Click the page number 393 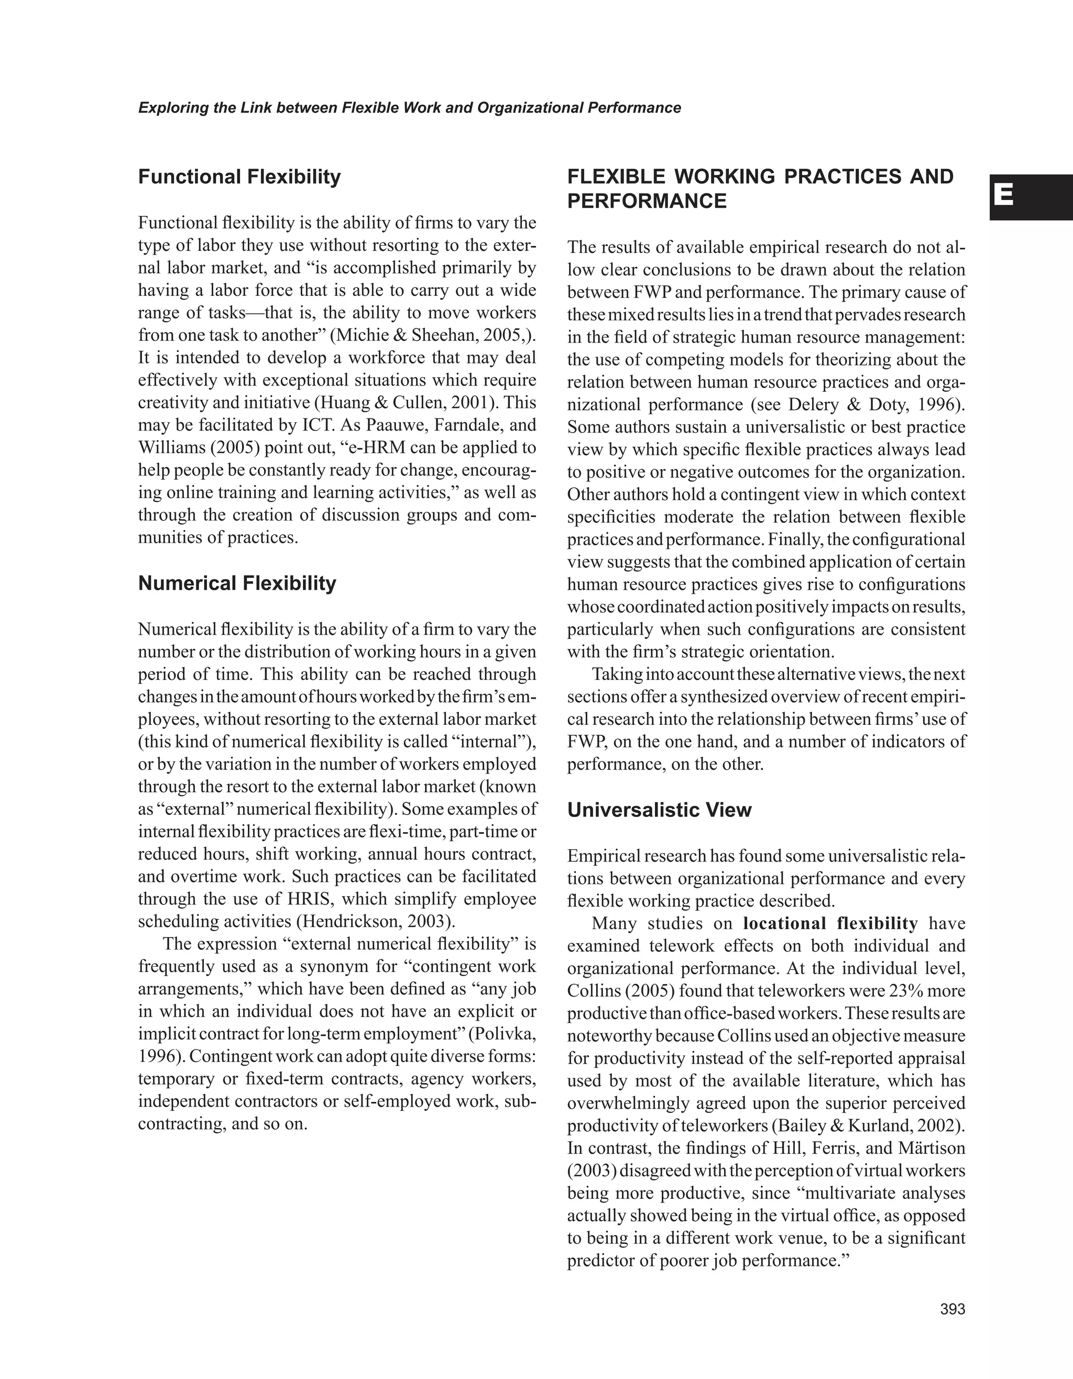[x=952, y=1309]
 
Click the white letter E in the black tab [x=1003, y=196]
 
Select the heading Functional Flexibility [x=239, y=177]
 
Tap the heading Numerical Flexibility [x=237, y=583]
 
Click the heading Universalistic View [x=659, y=810]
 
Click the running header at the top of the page [x=409, y=108]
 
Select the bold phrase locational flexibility [x=830, y=923]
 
